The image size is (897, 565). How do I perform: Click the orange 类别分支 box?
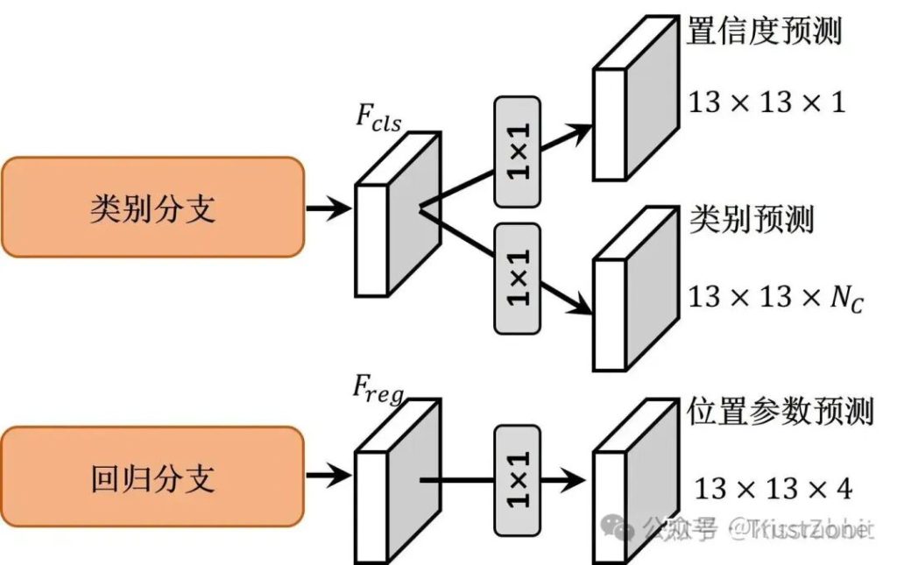tap(152, 208)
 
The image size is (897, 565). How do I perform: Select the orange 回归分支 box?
tap(152, 477)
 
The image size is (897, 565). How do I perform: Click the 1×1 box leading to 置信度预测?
tap(518, 152)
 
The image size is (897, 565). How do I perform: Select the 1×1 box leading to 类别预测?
tap(518, 278)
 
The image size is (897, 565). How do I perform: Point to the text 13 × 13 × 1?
tap(766, 102)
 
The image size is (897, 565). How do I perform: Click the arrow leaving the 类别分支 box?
tap(328, 208)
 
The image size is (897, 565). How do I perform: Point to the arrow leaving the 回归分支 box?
tap(328, 477)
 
